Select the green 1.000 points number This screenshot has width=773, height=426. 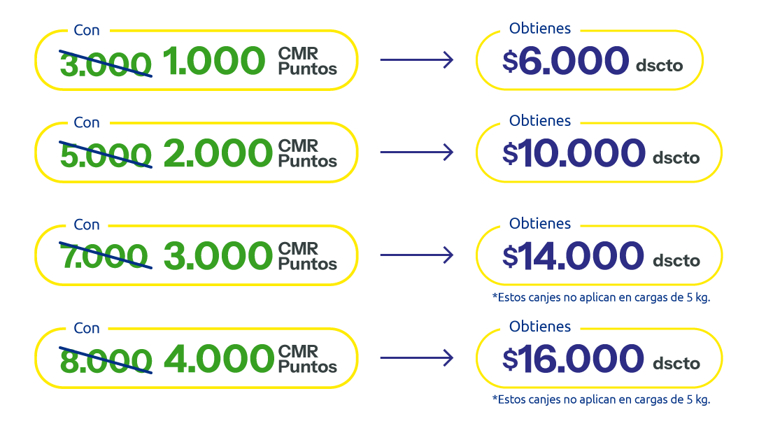click(214, 62)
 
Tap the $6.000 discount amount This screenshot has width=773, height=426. click(566, 62)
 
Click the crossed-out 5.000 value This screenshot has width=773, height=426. click(106, 155)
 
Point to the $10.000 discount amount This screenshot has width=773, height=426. click(574, 153)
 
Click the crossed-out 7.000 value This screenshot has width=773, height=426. click(104, 256)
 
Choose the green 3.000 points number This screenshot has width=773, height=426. click(218, 256)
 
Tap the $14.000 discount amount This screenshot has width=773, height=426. click(574, 256)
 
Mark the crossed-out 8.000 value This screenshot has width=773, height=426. click(106, 359)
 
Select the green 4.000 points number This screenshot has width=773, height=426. click(218, 359)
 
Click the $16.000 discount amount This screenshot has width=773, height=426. click(574, 359)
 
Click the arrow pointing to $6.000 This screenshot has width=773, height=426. click(417, 60)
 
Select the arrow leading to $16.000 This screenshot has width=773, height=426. click(417, 358)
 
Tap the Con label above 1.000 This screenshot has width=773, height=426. click(87, 30)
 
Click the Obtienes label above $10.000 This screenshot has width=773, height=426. click(540, 120)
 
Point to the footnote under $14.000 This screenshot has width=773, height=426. click(601, 297)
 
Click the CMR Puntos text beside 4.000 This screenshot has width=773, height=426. click(308, 359)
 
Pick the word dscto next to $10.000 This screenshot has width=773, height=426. click(676, 157)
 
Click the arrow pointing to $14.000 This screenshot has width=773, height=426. click(417, 255)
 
